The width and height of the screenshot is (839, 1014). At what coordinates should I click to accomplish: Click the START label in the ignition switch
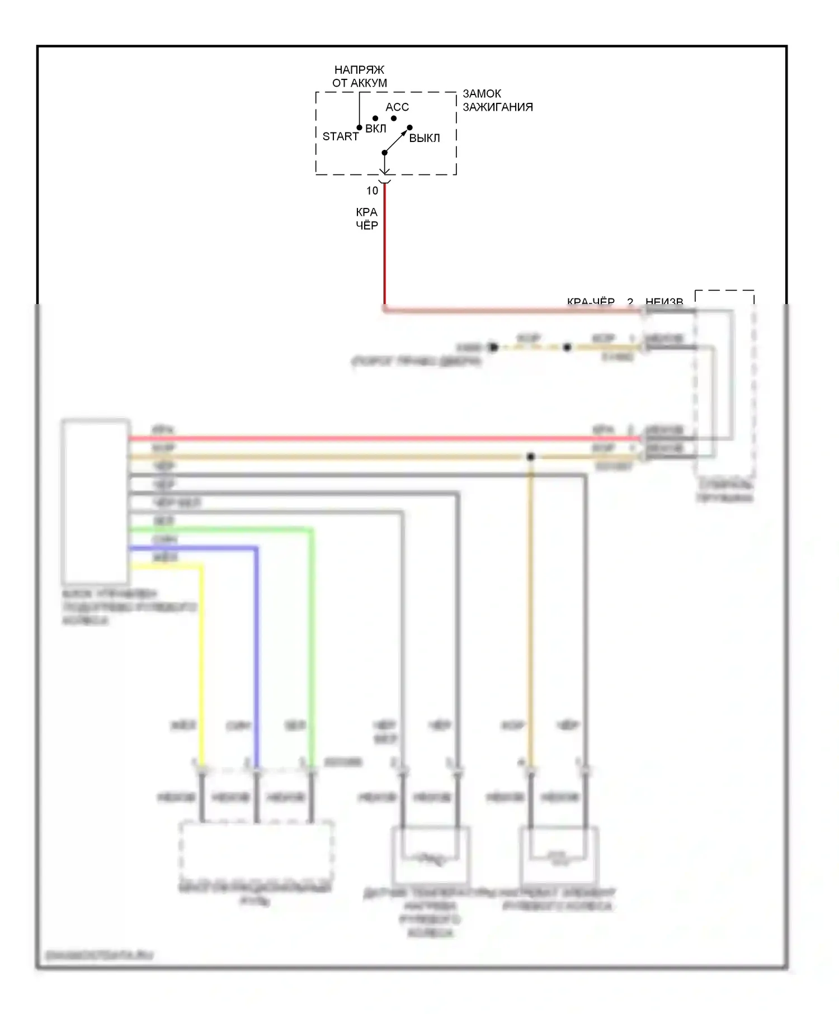coord(340,136)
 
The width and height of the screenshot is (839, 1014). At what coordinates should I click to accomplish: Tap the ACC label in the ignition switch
coord(397,107)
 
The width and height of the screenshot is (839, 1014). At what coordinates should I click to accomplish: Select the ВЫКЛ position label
coord(425,138)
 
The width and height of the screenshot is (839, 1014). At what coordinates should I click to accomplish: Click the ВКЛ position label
coord(376,129)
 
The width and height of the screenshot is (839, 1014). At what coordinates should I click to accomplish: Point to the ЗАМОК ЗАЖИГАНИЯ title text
coord(497,100)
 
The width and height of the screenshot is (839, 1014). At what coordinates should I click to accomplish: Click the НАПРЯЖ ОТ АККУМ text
coord(360,77)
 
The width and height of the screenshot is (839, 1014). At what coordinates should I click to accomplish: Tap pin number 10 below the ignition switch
coord(373,191)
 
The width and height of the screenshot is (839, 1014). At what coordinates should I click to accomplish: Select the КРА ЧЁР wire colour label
coord(367,219)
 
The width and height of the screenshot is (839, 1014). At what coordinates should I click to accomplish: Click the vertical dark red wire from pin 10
coord(385,252)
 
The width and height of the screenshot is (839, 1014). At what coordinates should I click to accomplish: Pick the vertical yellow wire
coord(201,660)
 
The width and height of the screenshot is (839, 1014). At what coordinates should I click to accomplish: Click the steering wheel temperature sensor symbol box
coord(430,855)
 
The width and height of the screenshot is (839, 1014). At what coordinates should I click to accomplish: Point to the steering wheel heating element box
coord(559,855)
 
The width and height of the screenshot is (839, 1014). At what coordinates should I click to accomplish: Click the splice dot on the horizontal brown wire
coord(531,457)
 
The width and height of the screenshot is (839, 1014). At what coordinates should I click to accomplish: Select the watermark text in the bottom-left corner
coord(99,955)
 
